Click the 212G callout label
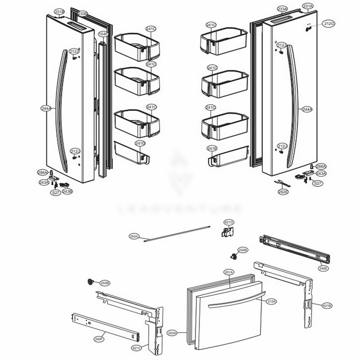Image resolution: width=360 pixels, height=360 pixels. [x=329, y=24]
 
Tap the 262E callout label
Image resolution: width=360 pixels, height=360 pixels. [x=283, y=192]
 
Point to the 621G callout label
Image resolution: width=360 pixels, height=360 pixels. [x=229, y=222]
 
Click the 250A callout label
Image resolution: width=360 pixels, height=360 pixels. [x=134, y=237]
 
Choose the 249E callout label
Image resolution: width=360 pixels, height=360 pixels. [x=323, y=268]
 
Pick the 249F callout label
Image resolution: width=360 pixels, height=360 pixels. [x=99, y=339]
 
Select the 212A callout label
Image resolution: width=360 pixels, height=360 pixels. [x=271, y=301]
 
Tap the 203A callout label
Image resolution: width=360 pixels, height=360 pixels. [x=172, y=333]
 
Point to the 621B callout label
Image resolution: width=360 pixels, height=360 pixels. [x=327, y=306]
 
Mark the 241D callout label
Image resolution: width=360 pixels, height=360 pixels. [x=140, y=143]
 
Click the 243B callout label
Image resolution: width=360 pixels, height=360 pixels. [x=67, y=192]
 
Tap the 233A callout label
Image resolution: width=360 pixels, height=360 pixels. [x=282, y=9]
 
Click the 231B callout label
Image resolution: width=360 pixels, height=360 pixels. [x=60, y=12]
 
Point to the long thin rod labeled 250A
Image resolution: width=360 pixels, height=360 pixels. [x=176, y=233]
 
